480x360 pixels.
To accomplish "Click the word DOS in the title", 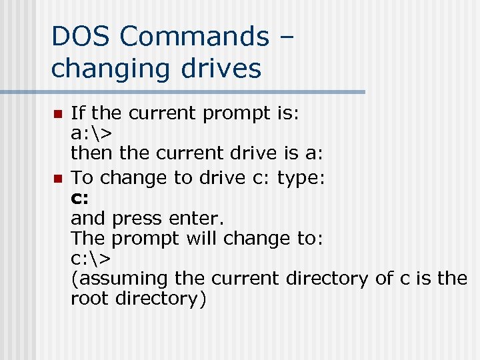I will (79, 36).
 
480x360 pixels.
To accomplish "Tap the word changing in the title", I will (109, 68).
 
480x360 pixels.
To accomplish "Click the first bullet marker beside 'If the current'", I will (57, 114).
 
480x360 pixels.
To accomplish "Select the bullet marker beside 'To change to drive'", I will (57, 178).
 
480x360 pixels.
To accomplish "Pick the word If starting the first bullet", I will (77, 113).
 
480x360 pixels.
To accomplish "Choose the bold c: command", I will (79, 198).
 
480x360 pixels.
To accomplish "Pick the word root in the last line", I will (89, 299).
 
